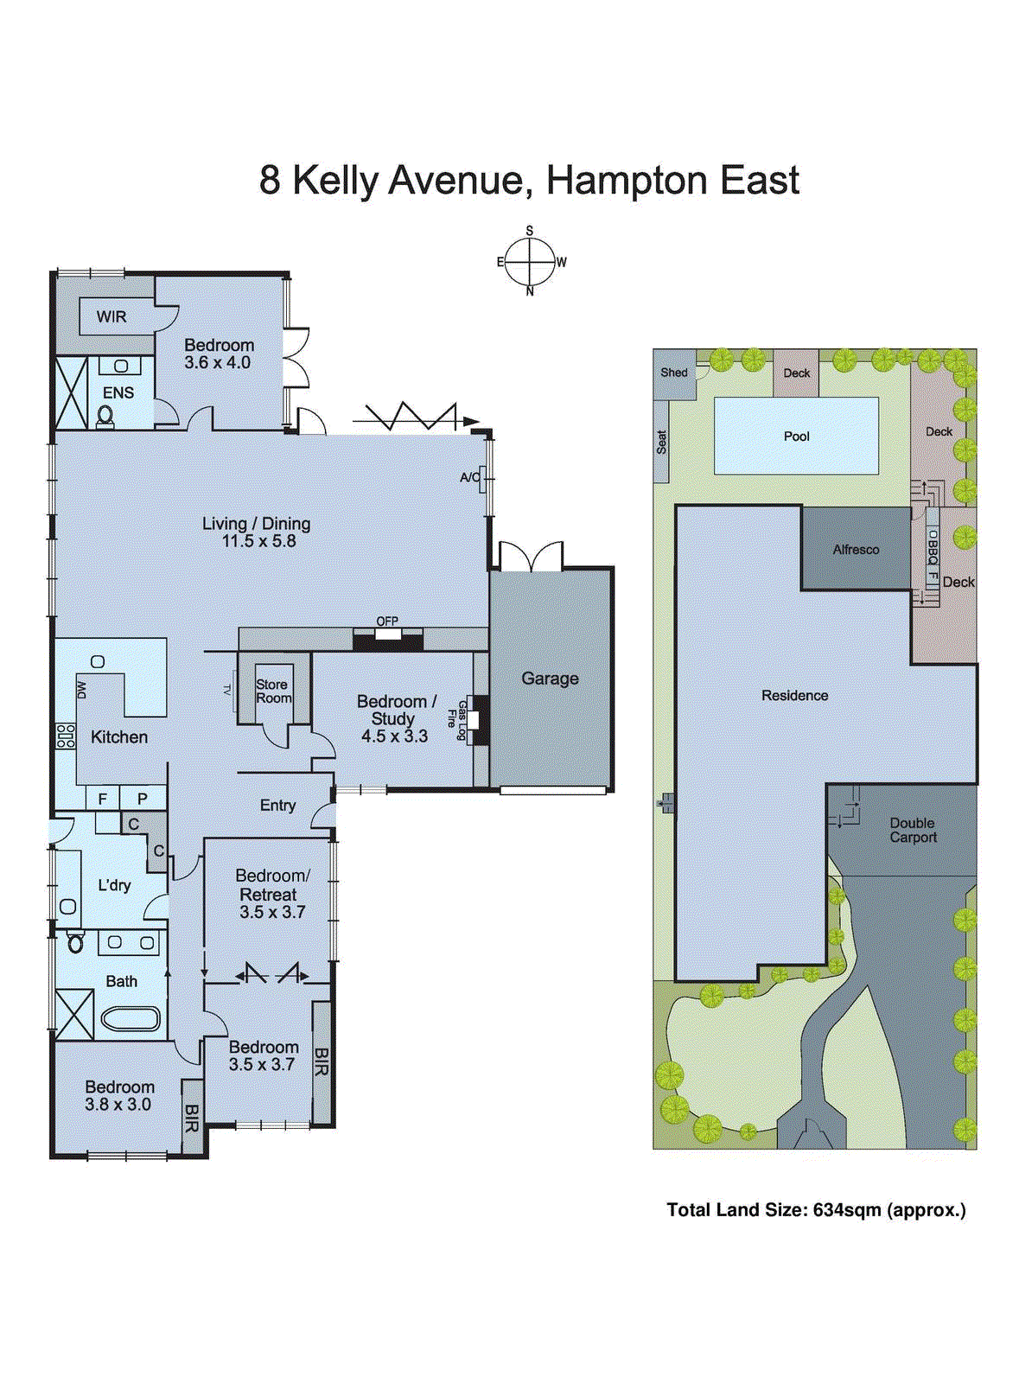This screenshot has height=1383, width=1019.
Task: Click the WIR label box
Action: [x=111, y=316]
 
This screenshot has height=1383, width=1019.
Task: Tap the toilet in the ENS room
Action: [x=105, y=417]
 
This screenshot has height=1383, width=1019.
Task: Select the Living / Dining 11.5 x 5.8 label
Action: [x=257, y=532]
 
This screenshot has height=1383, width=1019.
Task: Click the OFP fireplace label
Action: [x=387, y=621]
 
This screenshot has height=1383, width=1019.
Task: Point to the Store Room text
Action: [x=273, y=691]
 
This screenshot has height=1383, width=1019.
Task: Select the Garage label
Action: [x=550, y=679]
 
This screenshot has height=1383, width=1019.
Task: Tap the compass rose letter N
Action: [x=530, y=292]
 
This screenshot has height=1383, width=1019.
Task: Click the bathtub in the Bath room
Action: [x=131, y=1019]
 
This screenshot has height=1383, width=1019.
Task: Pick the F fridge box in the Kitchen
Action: [x=103, y=799]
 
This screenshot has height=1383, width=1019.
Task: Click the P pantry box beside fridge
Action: [x=143, y=799]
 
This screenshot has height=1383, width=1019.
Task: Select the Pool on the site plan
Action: [x=796, y=436]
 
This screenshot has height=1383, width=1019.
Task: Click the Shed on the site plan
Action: [x=674, y=373]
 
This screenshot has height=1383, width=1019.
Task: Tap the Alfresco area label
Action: [x=856, y=550]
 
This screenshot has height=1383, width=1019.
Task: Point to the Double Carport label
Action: [x=913, y=831]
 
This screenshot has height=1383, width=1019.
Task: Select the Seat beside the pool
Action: [x=661, y=443]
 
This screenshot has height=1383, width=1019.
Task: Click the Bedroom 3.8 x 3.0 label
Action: [x=119, y=1095]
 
